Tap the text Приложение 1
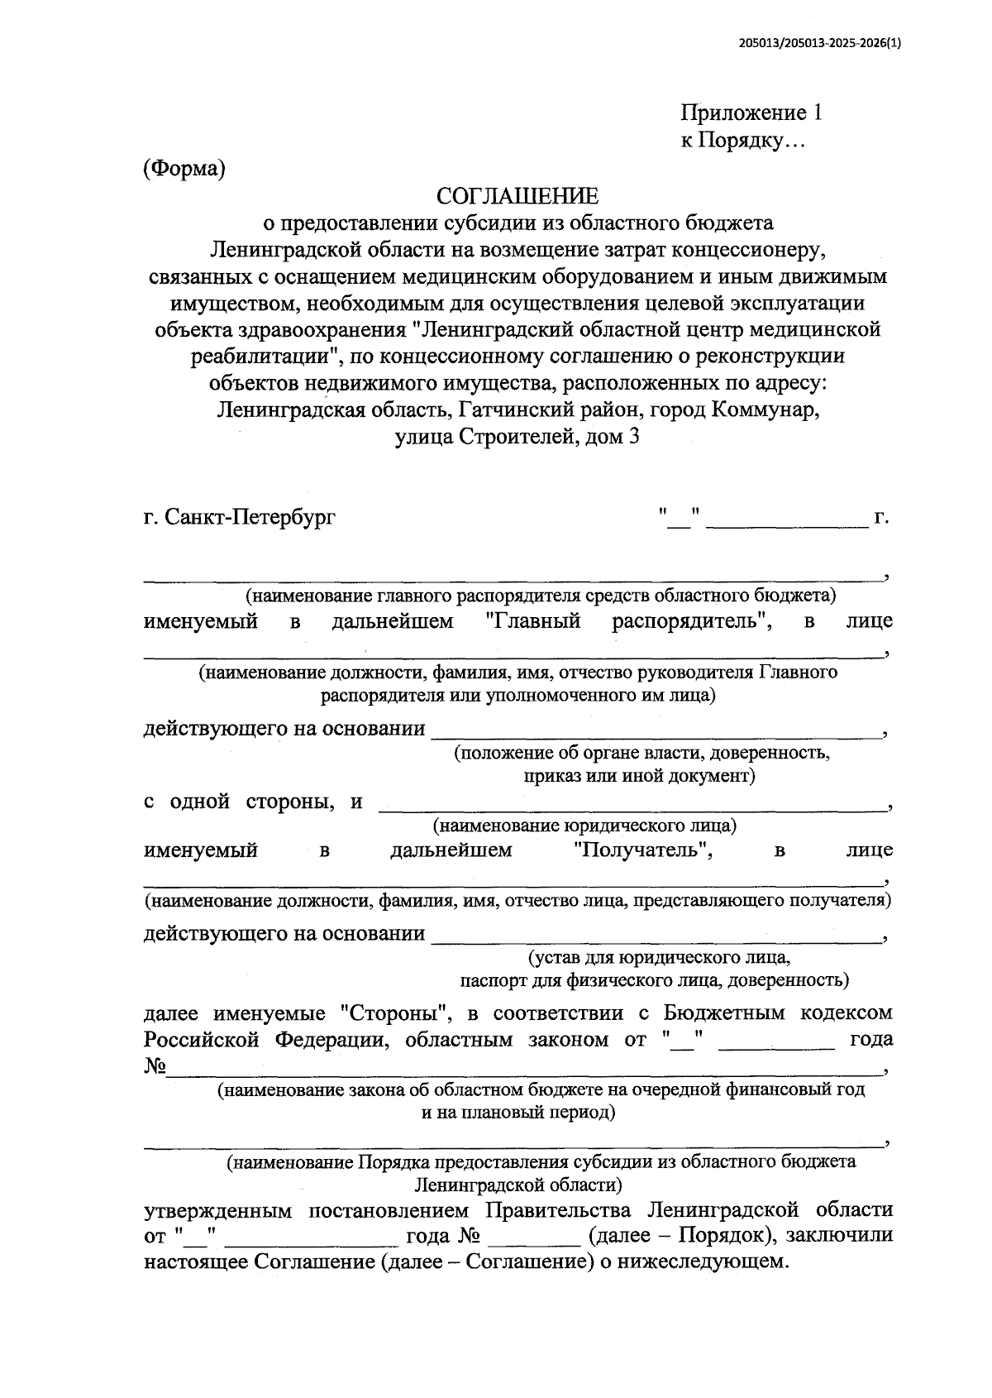pos(751,113)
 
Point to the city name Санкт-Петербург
pos(250,519)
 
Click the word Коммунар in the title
pos(765,409)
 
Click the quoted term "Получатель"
pos(643,850)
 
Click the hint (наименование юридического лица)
pos(585,826)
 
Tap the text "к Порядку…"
pos(742,141)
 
